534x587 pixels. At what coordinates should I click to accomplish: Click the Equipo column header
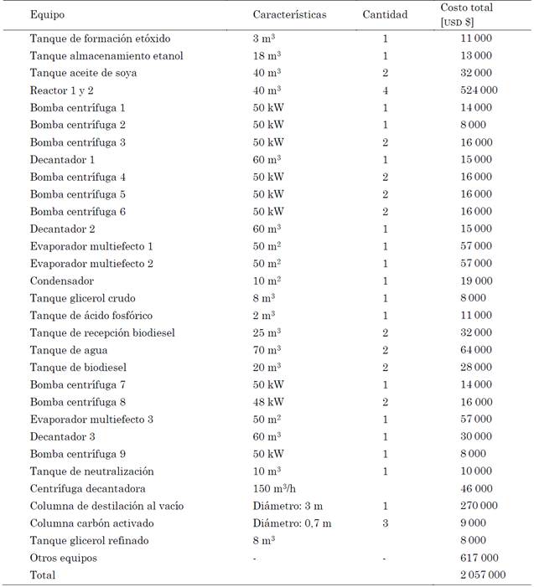[x=47, y=15]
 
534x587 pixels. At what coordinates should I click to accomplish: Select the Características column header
[x=289, y=15]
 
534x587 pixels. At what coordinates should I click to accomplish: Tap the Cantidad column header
[x=385, y=15]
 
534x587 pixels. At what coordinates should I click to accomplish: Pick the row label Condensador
[x=62, y=281]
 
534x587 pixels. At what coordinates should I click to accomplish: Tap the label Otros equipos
[x=64, y=558]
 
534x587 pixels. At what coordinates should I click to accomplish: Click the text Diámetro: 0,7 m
[x=292, y=523]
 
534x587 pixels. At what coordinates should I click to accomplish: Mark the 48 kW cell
[x=267, y=402]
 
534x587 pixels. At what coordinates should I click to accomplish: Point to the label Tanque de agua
[x=67, y=350]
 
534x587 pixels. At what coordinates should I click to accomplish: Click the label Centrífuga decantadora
[x=88, y=488]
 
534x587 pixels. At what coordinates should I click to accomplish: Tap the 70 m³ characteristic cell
[x=267, y=350]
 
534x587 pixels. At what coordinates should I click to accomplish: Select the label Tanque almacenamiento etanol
[x=106, y=56]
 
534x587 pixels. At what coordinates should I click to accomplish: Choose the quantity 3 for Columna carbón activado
[x=385, y=523]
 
